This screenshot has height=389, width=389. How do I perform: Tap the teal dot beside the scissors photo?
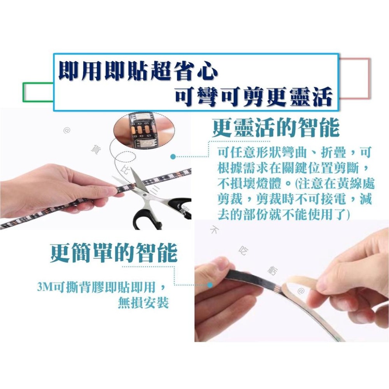(173, 157)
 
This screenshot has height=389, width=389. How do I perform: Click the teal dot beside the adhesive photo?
(210, 285)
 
